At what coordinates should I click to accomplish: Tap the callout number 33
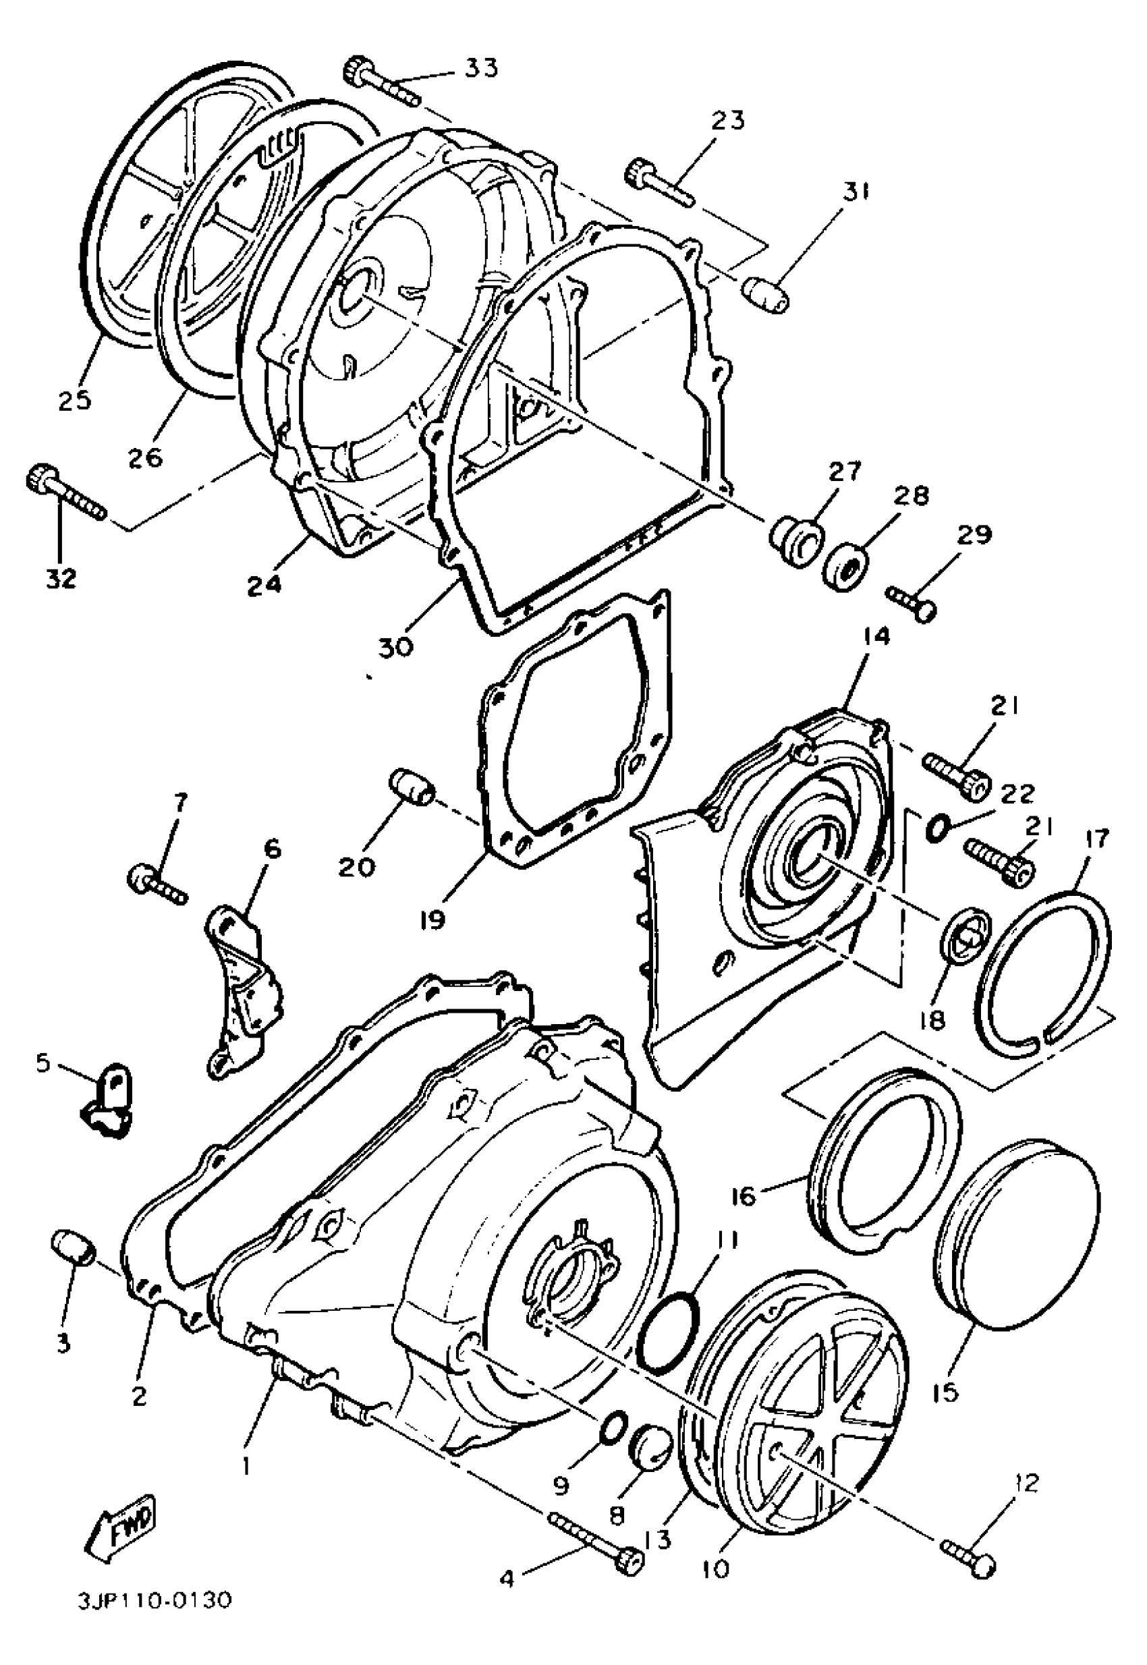point(479,67)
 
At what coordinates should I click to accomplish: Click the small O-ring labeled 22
point(935,828)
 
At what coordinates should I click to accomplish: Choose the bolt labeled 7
point(156,884)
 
